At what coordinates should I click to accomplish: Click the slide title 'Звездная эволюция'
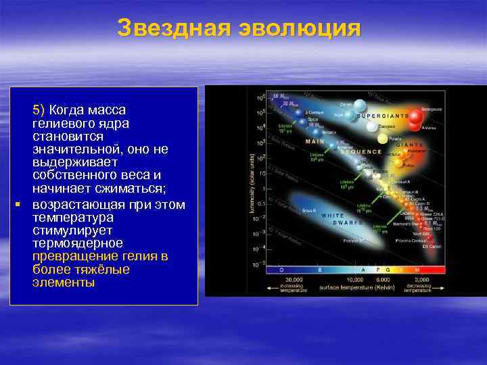[239, 28]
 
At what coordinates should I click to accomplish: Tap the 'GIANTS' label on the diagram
[410, 145]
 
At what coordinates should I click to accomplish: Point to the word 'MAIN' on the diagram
[315, 142]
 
